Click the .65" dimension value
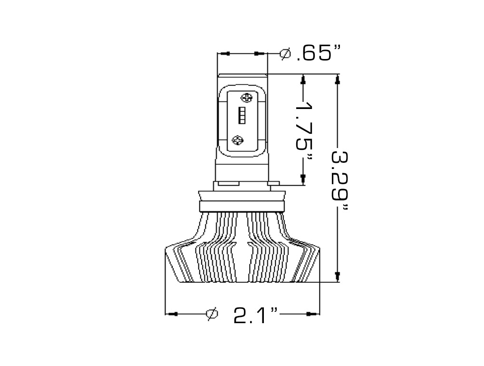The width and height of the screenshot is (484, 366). [x=318, y=53]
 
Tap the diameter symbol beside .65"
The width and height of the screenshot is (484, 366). [x=285, y=54]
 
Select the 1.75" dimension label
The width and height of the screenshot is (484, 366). [x=304, y=131]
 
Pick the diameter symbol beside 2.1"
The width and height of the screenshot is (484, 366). [x=212, y=314]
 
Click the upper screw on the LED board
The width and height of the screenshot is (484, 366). [x=246, y=99]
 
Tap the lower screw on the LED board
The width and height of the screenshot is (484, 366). [x=238, y=139]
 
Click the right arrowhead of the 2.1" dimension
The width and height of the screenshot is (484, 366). [x=311, y=314]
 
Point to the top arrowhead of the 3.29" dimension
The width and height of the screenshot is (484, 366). [x=338, y=81]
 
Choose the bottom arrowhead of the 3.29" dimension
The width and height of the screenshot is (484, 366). [x=338, y=276]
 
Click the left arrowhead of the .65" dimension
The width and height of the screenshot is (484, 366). [x=225, y=53]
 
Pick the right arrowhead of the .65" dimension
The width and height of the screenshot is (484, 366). [x=260, y=53]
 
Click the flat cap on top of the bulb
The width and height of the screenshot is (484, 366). [x=242, y=75]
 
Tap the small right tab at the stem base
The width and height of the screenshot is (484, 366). [x=273, y=183]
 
